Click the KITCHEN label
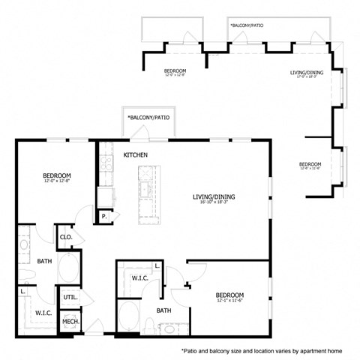[x=136, y=155]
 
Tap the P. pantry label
[x=103, y=216]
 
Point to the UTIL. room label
[x=70, y=298]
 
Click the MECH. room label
[x=70, y=322]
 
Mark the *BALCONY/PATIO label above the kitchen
[x=148, y=118]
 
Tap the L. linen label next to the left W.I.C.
[x=23, y=290]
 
